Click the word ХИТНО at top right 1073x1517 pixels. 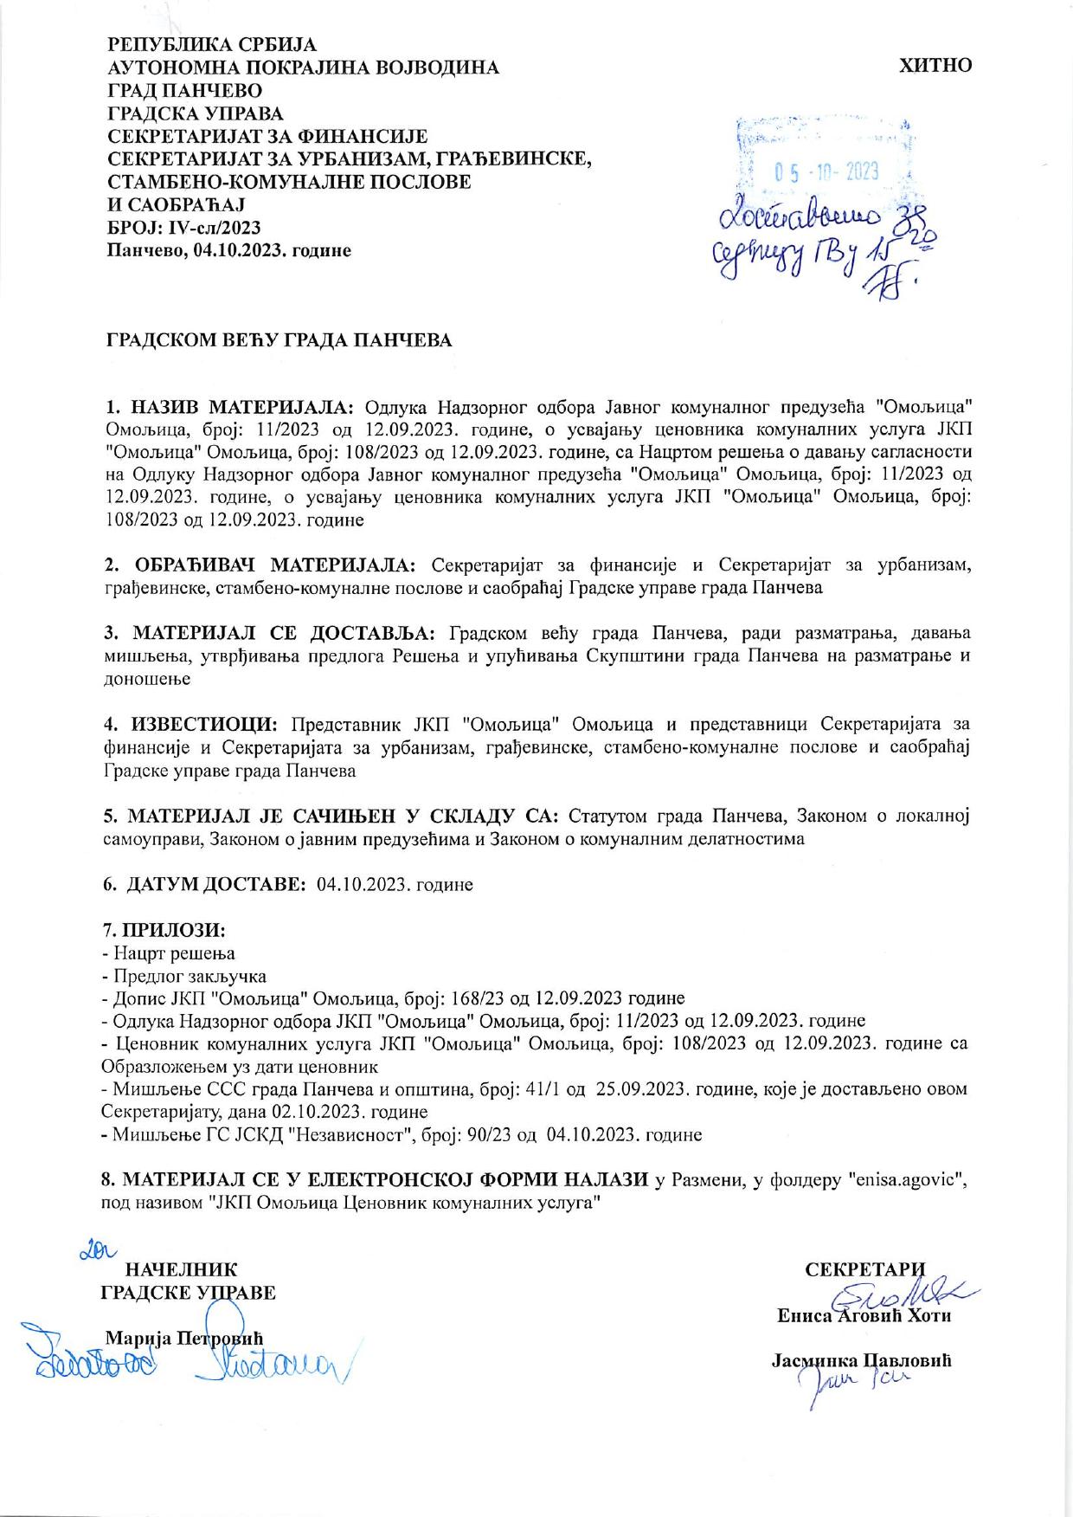click(x=935, y=66)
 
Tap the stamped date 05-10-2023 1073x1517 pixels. click(x=826, y=171)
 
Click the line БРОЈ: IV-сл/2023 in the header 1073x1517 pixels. click(x=183, y=228)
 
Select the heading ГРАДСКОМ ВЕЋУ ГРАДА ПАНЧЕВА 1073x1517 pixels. click(x=279, y=340)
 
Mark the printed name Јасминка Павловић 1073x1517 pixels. click(x=861, y=1360)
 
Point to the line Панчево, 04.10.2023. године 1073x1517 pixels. click(x=228, y=250)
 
